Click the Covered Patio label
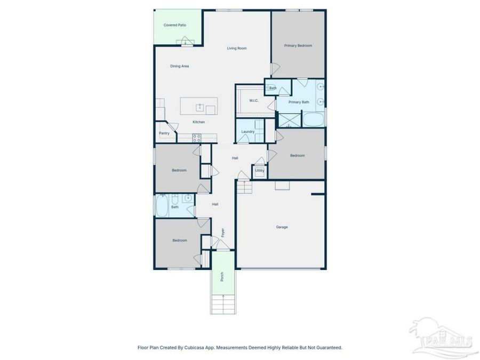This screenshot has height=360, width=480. click(x=175, y=25)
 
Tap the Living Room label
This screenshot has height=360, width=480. click(x=237, y=49)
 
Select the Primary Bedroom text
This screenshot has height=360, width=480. click(x=298, y=46)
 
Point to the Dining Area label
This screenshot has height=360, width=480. click(x=179, y=66)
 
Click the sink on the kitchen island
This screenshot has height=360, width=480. click(x=200, y=107)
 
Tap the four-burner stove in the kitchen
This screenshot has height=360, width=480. click(x=196, y=138)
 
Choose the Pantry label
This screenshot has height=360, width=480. click(x=164, y=133)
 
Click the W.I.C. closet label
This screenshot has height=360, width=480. click(x=254, y=100)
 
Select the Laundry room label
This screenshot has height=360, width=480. click(x=247, y=132)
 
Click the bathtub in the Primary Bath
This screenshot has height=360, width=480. click(x=314, y=119)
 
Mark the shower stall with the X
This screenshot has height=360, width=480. click(x=289, y=119)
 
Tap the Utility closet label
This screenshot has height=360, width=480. click(x=259, y=171)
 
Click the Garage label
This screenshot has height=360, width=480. click(x=282, y=227)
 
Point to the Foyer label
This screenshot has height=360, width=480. click(x=223, y=233)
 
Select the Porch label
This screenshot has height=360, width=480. click(x=222, y=277)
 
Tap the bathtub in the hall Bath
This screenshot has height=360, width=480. click(x=162, y=205)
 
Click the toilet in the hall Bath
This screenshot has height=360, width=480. click(x=174, y=201)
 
